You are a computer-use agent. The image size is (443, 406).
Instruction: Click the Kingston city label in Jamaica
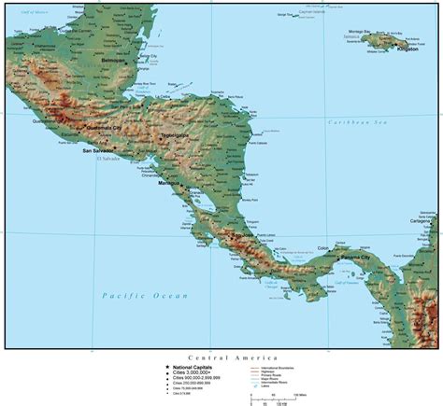(x=408, y=49)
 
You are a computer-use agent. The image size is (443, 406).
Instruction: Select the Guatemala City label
(x=104, y=128)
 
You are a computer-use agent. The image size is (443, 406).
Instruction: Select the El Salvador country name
(x=108, y=160)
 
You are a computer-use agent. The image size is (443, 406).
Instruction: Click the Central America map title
(x=221, y=357)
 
